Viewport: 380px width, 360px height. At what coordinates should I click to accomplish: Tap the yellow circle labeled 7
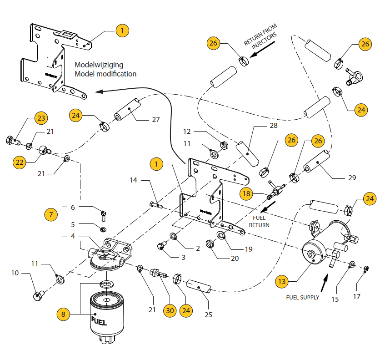(51, 214)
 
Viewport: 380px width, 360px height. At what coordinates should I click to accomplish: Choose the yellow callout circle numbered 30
(170, 311)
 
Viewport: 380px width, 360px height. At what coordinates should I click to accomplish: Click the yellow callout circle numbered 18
(246, 193)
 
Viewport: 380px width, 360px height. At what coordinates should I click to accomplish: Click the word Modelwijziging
(99, 65)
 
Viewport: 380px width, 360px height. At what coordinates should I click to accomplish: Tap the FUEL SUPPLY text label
(302, 298)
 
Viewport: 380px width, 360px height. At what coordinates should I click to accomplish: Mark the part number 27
(156, 120)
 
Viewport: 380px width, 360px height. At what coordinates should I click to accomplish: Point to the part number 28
(273, 125)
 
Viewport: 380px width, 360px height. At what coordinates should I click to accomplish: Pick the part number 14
(133, 181)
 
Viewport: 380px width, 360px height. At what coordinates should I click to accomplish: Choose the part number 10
(15, 273)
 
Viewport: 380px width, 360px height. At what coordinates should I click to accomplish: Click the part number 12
(187, 132)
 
